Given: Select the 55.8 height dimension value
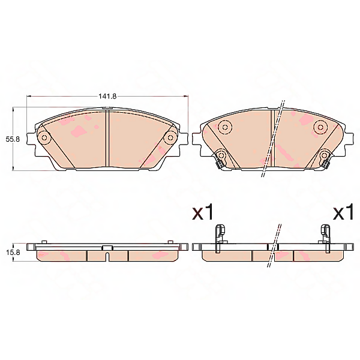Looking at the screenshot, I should tap(13, 139).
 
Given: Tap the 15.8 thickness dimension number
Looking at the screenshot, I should tap(13, 253).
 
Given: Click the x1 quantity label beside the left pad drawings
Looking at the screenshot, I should tap(202, 212).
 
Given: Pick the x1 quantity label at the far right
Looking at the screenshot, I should tap(343, 212).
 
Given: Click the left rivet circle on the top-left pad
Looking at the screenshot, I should tap(44, 138).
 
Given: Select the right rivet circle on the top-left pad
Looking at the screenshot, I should tap(170, 138).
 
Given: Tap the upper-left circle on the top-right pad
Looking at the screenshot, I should tap(225, 127).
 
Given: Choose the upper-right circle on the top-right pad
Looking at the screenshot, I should tap(319, 127).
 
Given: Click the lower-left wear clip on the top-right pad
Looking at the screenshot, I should tap(220, 158).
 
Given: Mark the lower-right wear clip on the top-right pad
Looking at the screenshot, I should tap(325, 158).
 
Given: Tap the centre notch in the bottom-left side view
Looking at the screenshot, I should tap(107, 256).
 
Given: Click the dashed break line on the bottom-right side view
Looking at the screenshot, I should tap(276, 243).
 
